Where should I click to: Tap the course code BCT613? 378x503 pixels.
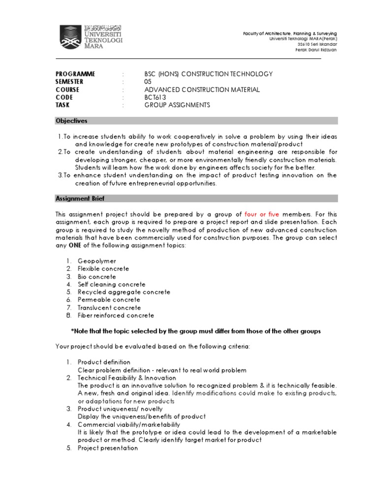pos(156,97)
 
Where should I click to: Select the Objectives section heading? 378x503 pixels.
pos(71,120)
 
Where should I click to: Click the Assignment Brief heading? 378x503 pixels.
pos(80,198)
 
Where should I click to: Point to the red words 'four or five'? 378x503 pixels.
pos(265,214)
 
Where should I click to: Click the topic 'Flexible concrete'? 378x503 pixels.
pos(103,269)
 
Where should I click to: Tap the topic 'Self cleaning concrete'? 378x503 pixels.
pos(112,284)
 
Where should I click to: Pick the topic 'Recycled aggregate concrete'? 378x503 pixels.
pos(124,292)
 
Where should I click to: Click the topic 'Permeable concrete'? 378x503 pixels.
pos(109,300)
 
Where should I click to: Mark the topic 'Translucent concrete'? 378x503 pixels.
pos(110,307)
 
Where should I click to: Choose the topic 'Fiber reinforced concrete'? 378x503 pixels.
pos(116,315)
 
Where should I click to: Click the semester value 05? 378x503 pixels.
pos(148,82)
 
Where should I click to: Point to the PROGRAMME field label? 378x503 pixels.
pos(75,74)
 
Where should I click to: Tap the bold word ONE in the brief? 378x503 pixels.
pos(74,246)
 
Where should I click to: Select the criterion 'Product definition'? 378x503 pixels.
pos(104,362)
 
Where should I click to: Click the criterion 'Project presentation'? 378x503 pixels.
pos(108,448)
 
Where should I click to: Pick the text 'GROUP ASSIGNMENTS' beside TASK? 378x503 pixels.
pos(177,105)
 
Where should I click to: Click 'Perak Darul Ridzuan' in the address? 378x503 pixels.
pos(315,50)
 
